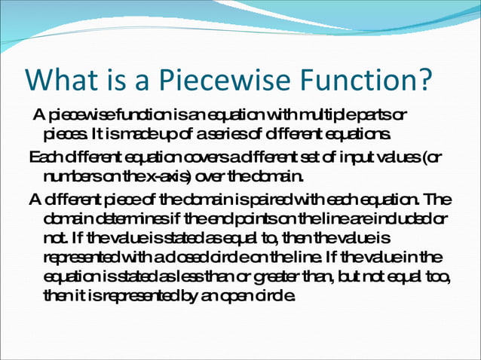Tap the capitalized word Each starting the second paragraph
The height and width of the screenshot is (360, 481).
point(44,157)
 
